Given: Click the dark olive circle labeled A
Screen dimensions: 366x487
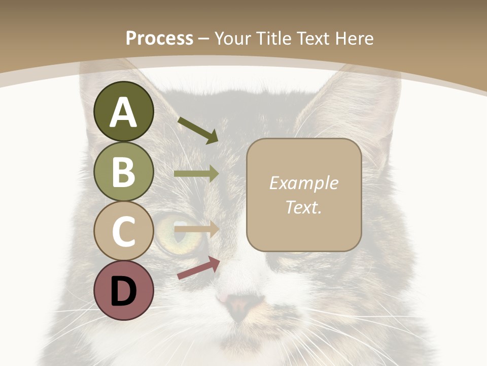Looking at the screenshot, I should [124, 111].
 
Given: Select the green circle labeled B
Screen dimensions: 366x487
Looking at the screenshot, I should [124, 171].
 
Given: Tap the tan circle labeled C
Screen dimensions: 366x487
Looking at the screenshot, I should [124, 231].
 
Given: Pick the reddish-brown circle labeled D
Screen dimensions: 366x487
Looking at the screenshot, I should [124, 291].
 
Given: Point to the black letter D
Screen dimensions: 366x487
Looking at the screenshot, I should [124, 292].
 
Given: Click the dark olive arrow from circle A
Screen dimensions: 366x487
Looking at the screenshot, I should [198, 130].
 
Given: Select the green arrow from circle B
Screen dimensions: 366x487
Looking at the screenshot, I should [196, 174].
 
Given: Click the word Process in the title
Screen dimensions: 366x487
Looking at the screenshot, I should [159, 38].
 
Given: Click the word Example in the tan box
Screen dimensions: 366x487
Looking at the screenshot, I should [303, 184].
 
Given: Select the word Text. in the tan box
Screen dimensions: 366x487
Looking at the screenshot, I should [303, 207].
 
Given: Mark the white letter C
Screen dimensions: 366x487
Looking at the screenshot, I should [124, 232].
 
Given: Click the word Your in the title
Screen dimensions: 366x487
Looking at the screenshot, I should [234, 38].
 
